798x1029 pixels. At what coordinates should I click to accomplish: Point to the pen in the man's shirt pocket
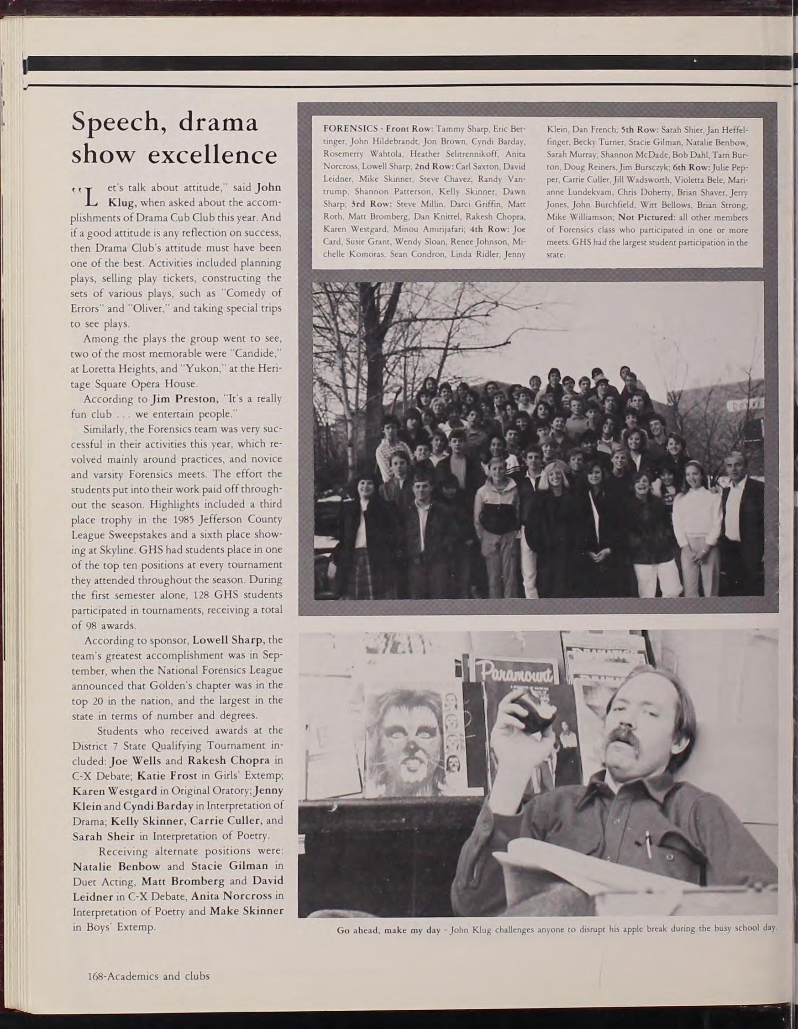coord(649,842)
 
